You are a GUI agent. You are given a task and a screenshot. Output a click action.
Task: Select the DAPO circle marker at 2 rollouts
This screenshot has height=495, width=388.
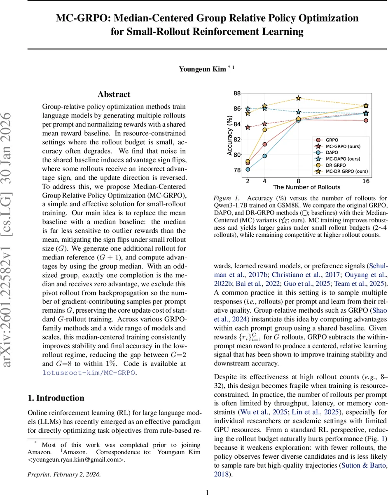248,169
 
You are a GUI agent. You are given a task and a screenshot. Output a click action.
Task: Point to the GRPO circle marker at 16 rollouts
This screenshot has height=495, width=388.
366,120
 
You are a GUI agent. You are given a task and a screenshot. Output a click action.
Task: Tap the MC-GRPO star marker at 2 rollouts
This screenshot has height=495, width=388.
248,127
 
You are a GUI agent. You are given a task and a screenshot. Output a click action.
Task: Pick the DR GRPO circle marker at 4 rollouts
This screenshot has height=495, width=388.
265,130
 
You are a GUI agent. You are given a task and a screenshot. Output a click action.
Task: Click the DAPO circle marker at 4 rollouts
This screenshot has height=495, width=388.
265,156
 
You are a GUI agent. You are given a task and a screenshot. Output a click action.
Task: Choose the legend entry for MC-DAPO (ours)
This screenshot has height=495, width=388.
343,159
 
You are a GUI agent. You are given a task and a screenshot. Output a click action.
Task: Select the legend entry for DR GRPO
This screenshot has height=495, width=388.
336,165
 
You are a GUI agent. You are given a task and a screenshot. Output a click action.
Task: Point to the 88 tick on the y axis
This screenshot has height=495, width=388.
237,93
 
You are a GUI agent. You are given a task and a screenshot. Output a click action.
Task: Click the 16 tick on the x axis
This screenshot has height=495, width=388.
366,181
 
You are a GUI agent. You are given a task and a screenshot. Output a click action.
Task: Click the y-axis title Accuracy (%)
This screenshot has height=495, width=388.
229,135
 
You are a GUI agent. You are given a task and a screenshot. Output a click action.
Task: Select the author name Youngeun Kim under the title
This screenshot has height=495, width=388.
202,69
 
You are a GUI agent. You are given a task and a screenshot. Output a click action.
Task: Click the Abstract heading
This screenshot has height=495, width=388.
114,94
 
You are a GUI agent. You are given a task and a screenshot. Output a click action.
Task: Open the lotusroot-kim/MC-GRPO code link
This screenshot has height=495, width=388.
89,372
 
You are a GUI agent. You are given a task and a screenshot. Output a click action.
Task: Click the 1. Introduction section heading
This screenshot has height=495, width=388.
56,398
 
